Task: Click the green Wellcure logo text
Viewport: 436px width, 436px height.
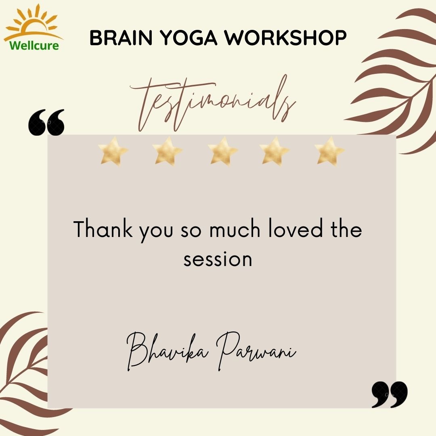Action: [x=34, y=45]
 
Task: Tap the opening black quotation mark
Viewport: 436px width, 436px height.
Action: [x=46, y=122]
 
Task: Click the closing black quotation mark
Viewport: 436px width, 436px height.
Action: [x=390, y=394]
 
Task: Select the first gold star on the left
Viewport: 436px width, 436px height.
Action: [x=113, y=151]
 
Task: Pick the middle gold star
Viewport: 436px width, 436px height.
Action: [x=223, y=151]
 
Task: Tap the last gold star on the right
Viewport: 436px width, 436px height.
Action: [x=329, y=151]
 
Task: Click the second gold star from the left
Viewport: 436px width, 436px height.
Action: [x=168, y=151]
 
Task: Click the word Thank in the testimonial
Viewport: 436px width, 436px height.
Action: [x=103, y=228]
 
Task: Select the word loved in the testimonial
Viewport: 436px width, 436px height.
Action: [x=296, y=228]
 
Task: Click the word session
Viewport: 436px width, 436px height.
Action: [x=218, y=260]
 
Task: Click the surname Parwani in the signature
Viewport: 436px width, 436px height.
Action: [x=256, y=351]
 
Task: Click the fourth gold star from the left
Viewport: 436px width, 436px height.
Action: [x=275, y=151]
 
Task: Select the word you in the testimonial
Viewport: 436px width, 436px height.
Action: [x=156, y=231]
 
